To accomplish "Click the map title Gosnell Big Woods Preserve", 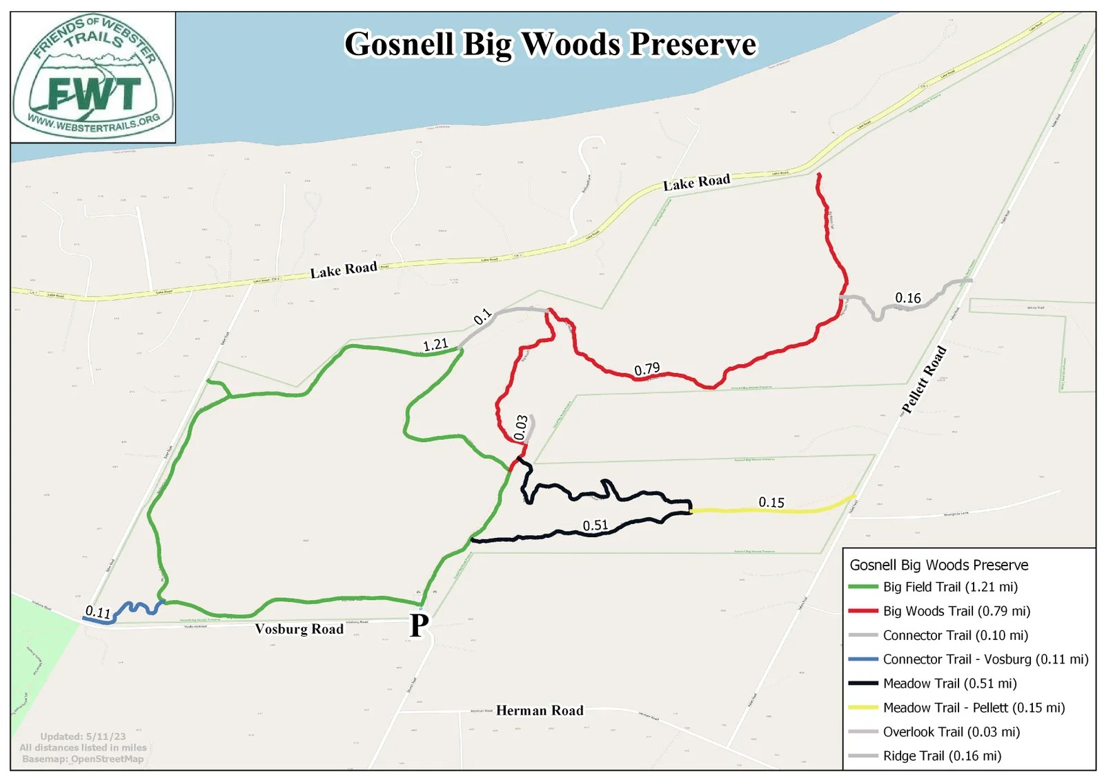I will (550, 44).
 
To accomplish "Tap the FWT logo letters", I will (94, 94).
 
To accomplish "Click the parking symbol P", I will (419, 626).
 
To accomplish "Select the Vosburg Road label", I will (299, 629).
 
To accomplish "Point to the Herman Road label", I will (540, 710).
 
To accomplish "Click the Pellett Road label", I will (924, 381).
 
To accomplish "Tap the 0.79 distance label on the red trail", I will (647, 370).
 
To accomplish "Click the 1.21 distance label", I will (435, 344).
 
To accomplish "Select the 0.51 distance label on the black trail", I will (595, 526).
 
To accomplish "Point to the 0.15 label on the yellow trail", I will (771, 502).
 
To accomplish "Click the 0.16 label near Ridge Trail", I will (907, 298).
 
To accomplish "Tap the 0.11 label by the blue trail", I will (97, 612).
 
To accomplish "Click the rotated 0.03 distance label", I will (521, 428).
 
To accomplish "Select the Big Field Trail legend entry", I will (949, 587).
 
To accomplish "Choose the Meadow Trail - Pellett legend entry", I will (973, 708).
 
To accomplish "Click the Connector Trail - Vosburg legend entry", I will (985, 659).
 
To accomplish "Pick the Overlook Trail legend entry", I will (951, 732).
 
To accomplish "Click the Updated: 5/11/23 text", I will (83, 737).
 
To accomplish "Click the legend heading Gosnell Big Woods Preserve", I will (938, 565).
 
